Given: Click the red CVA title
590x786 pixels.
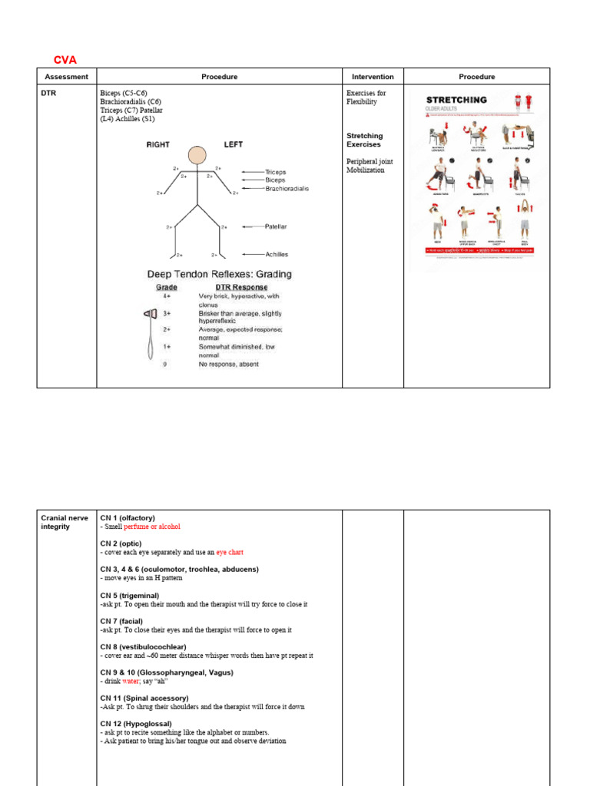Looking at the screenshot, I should [x=65, y=60].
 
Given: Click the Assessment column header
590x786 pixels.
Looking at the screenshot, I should [x=67, y=77].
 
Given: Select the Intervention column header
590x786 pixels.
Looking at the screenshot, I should [x=373, y=77].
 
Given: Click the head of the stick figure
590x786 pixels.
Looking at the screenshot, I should [x=197, y=156].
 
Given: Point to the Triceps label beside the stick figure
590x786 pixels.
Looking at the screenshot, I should [x=275, y=172].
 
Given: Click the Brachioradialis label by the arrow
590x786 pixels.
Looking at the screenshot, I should [x=287, y=188].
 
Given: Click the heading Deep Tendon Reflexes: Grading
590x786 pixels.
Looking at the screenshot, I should [x=219, y=274].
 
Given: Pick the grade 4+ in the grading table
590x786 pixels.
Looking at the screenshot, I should [x=167, y=296].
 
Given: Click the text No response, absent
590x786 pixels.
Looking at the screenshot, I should [x=229, y=364].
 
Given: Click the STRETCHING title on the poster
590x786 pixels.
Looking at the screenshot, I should [x=456, y=100].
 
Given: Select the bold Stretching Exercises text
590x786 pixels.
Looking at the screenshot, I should [x=364, y=140].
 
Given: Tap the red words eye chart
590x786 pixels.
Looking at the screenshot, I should [x=230, y=552].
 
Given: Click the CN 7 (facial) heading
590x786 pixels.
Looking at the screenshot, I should [x=121, y=621].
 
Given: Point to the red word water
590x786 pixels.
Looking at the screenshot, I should [x=131, y=681].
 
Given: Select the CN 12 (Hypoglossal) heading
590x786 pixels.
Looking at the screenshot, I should [x=136, y=724].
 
